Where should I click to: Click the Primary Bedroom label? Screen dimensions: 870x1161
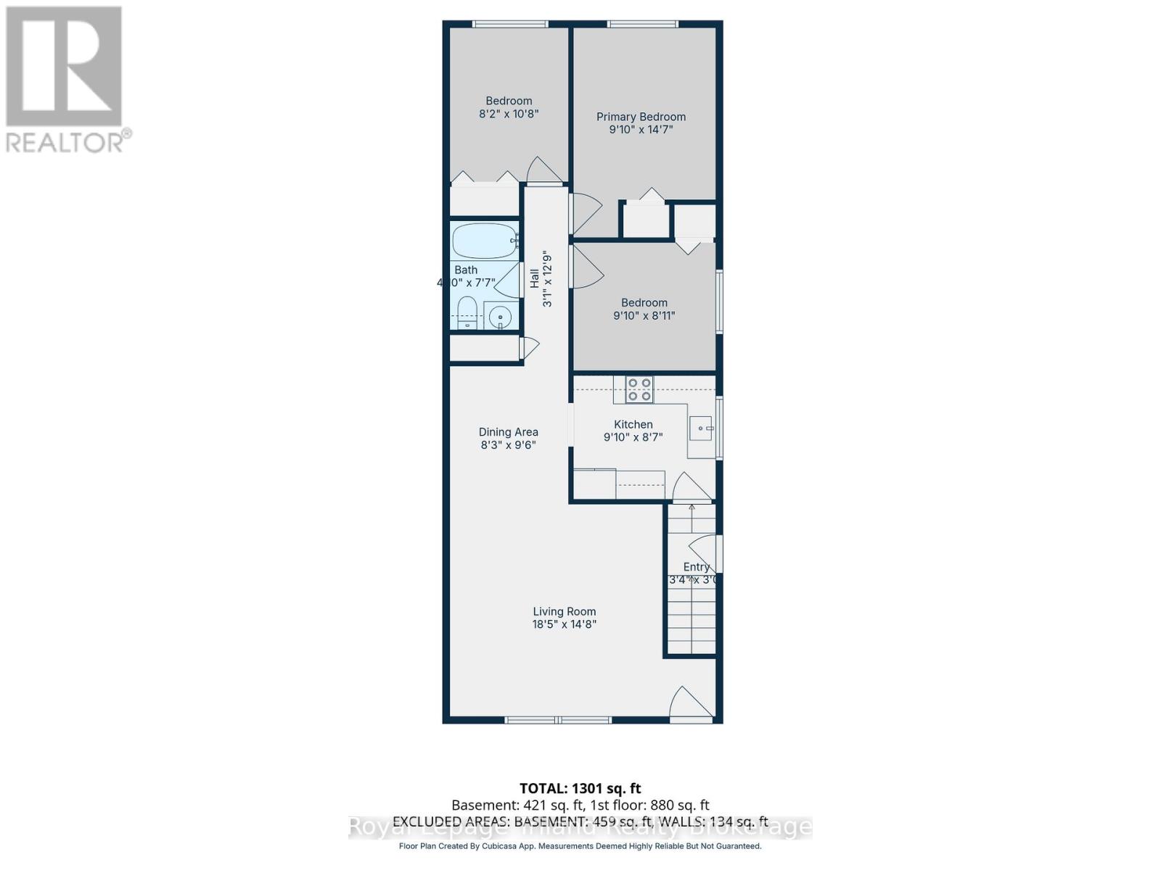tap(641, 117)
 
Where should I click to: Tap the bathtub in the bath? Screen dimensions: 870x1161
tap(484, 241)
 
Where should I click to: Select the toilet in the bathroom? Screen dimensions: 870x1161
tap(467, 312)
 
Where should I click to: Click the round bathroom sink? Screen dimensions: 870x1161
tap(499, 317)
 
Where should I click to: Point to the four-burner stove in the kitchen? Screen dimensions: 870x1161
tap(639, 389)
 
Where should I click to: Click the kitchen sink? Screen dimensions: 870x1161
tap(701, 428)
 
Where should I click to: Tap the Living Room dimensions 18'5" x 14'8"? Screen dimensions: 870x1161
tap(564, 624)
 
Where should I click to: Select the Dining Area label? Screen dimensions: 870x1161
tap(508, 432)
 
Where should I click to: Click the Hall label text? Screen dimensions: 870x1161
tap(535, 278)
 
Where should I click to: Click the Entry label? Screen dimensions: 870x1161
tap(696, 567)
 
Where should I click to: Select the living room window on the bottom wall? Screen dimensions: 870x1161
tap(558, 719)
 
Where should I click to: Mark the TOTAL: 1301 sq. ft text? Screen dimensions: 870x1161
tap(580, 788)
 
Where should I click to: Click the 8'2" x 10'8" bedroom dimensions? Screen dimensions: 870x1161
tap(508, 114)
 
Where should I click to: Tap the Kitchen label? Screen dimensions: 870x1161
tap(633, 424)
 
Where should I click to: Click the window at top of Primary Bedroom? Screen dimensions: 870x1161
tap(643, 25)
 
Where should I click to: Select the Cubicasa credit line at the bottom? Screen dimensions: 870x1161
tap(580, 846)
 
